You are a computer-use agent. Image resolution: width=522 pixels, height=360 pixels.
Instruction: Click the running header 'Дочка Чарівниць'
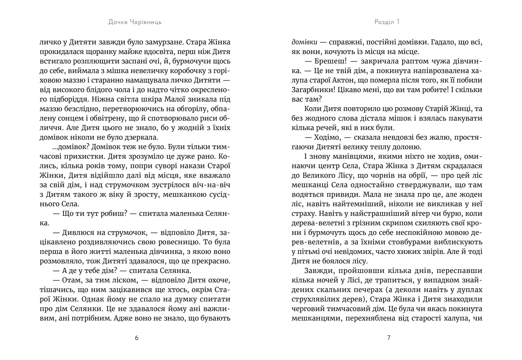click(135, 22)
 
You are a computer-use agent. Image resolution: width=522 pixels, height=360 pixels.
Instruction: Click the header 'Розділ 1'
click(387, 22)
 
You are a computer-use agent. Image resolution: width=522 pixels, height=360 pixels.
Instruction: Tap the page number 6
click(136, 338)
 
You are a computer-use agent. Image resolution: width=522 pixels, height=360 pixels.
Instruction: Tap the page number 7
click(389, 338)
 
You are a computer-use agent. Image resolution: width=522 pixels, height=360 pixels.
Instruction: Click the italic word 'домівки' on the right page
click(304, 42)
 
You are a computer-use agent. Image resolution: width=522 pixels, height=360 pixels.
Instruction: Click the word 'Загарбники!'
click(313, 90)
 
